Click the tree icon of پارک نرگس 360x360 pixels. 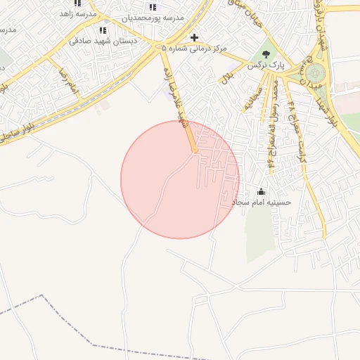266,53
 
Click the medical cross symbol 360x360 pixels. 195,37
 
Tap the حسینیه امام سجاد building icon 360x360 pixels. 262,191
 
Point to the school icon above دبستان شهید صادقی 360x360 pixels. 103,30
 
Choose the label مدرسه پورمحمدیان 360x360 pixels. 153,17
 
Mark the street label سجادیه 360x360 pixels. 251,98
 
